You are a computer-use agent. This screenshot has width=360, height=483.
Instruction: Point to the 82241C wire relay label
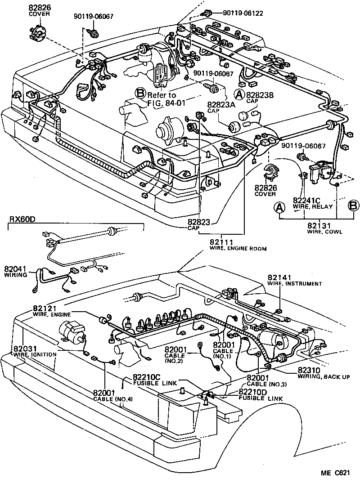pos(306,200)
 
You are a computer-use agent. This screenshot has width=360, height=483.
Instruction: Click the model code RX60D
pos(22,219)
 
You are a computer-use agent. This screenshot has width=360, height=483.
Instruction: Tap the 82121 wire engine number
pos(45,309)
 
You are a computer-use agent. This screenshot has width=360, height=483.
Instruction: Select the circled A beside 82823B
pos(240,94)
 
